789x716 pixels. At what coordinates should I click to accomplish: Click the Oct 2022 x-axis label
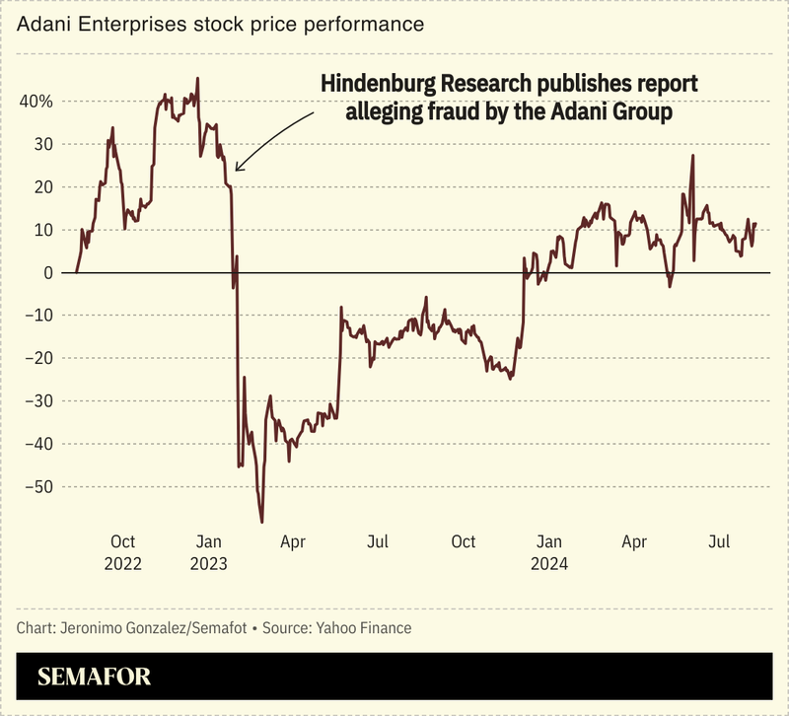(122, 552)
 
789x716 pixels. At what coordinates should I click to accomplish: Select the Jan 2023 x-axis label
(208, 552)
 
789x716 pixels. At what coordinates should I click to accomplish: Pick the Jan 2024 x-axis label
(549, 552)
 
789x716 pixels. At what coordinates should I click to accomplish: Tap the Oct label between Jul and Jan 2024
(464, 541)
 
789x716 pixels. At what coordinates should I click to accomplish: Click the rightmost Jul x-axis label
(721, 541)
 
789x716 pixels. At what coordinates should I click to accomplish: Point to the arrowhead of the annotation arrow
(238, 168)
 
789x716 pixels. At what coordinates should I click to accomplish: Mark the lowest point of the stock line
(262, 522)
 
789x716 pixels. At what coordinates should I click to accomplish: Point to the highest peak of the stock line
(198, 78)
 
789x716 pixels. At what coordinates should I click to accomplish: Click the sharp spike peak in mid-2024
(693, 155)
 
